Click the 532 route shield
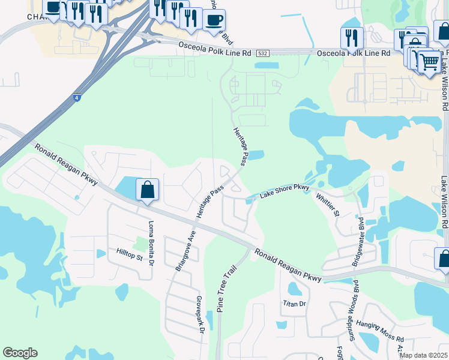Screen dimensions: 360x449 [262, 53]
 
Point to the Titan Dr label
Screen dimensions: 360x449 [295, 304]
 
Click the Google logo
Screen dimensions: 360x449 [20, 353]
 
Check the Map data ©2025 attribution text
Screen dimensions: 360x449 [424, 355]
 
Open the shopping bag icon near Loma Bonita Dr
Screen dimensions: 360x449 [147, 190]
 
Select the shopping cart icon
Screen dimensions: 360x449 [429, 61]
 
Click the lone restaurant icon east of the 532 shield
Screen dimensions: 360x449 [352, 37]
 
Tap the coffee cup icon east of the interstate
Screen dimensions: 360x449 [214, 20]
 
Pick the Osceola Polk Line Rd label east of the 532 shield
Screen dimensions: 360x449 [354, 53]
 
